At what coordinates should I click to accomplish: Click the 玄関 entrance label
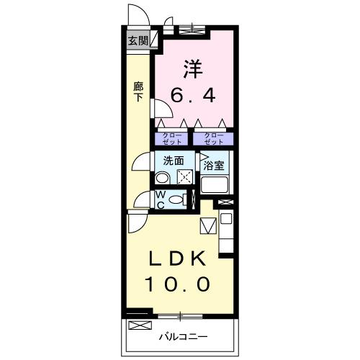[x=138, y=41]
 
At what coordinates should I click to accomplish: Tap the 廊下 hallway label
[x=138, y=91]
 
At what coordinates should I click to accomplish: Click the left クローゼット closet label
[x=171, y=138]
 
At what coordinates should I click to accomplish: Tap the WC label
[x=161, y=199]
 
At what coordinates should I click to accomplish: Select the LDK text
[x=179, y=259]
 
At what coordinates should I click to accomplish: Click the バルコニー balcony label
[x=183, y=336]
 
